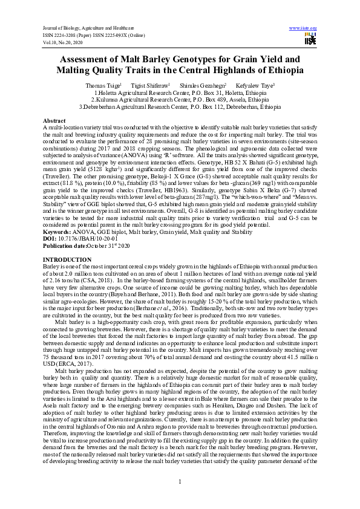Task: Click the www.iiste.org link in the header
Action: point(303,28)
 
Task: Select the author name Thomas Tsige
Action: point(103,86)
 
